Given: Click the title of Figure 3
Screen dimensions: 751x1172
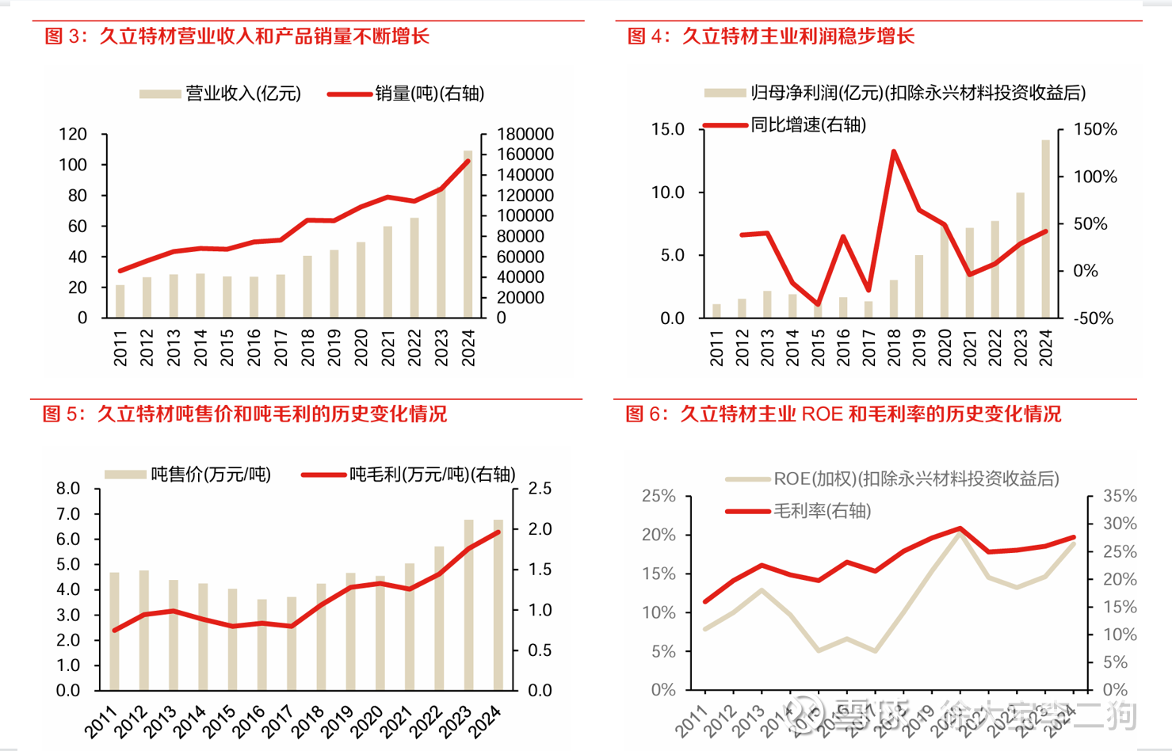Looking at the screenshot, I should (x=237, y=36).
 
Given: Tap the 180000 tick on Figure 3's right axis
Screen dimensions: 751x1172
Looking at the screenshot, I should (x=525, y=134).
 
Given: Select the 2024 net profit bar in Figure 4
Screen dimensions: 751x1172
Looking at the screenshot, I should (x=1046, y=230).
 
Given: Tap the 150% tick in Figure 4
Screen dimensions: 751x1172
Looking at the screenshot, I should (x=1095, y=129).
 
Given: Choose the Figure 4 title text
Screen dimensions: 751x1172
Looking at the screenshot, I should (x=770, y=36).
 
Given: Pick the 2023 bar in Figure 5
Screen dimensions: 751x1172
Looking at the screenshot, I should (x=469, y=605).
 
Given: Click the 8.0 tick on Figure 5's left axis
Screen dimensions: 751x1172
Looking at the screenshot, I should (x=68, y=489).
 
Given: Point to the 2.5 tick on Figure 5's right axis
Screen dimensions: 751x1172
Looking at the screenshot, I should (x=540, y=489).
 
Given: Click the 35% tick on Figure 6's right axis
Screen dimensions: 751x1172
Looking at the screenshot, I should (x=1120, y=496).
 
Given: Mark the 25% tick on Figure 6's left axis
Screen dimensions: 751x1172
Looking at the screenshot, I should (x=659, y=496).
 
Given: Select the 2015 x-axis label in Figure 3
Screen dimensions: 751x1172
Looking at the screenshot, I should (x=227, y=348).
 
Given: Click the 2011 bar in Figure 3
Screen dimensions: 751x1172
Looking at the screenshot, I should (x=120, y=302).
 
